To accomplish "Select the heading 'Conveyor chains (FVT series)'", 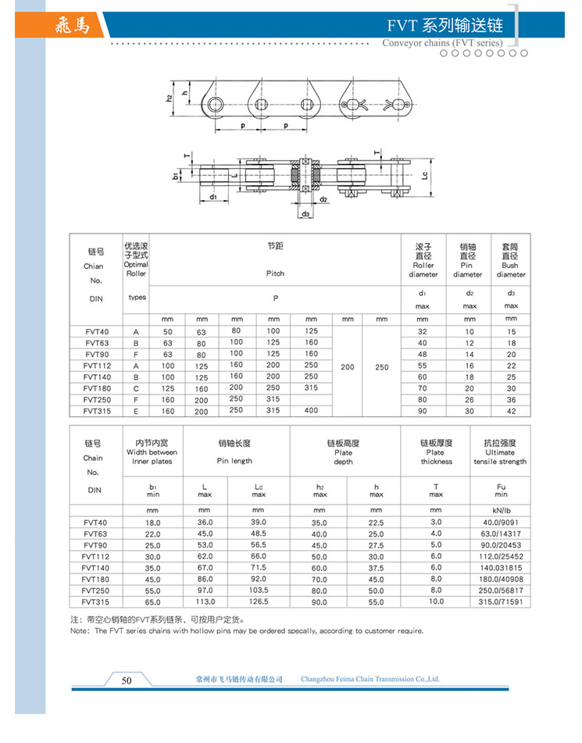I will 442,43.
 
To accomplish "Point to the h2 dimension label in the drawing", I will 169,98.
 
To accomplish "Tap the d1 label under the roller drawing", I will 213,198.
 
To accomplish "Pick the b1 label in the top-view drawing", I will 175,177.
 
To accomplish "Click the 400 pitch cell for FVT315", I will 311,410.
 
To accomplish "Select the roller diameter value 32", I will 422,332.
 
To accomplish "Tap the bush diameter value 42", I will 511,410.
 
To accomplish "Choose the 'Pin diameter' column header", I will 467,260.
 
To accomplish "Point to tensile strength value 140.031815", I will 500,568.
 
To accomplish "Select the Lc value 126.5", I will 259,602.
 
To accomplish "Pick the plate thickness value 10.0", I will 435,602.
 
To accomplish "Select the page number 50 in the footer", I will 127,680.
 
